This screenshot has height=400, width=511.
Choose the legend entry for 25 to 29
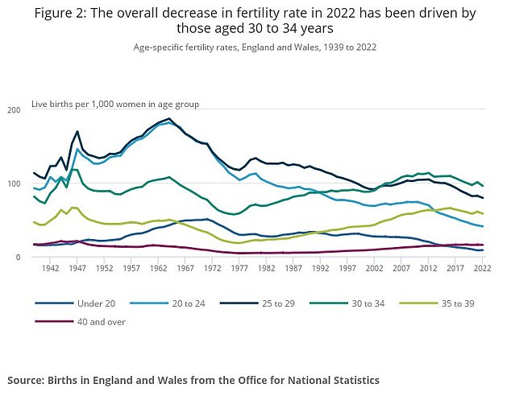tap(294, 303)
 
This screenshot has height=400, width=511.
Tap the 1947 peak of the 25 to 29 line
tap(77, 132)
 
